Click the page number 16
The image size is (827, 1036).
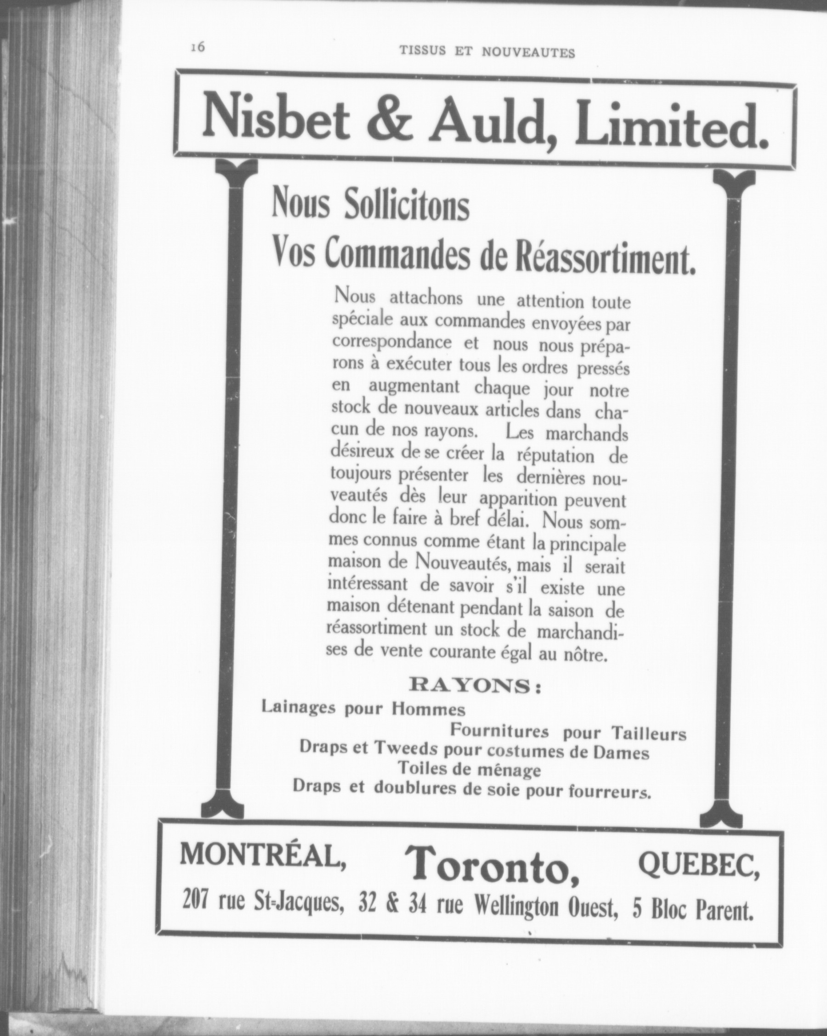[x=198, y=48]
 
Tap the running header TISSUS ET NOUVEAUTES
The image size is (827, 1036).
[x=487, y=52]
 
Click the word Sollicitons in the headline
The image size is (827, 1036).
[x=406, y=206]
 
